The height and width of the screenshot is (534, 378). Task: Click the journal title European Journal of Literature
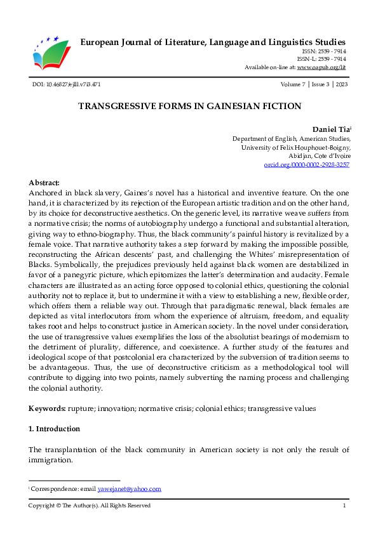(x=213, y=42)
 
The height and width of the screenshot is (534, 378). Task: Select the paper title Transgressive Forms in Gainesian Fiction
(x=189, y=106)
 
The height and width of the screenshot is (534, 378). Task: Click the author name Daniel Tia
(x=329, y=129)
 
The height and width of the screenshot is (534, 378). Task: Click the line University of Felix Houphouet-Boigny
(x=295, y=147)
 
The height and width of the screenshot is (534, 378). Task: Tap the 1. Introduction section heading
(x=55, y=429)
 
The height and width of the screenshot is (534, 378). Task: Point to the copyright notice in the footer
(x=90, y=505)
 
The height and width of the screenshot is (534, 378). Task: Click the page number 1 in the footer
(x=344, y=505)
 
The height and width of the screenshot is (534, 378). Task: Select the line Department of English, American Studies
(x=291, y=138)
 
